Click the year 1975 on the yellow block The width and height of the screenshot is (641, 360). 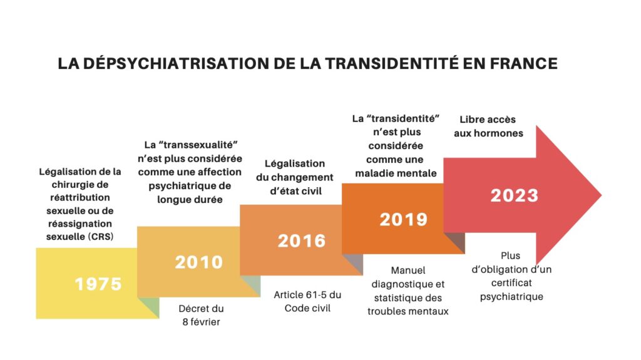coord(98,284)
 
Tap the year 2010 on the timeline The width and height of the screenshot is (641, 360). coord(198,262)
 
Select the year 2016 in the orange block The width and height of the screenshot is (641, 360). coord(302,240)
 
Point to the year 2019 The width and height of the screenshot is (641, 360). coord(404,219)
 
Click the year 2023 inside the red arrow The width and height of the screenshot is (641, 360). coord(514,195)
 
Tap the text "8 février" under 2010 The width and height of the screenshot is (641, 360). coord(200,322)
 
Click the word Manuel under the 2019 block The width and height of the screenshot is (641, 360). coord(408,270)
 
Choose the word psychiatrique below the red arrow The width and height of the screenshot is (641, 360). coord(511,296)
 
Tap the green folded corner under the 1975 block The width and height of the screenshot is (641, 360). coord(148,307)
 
